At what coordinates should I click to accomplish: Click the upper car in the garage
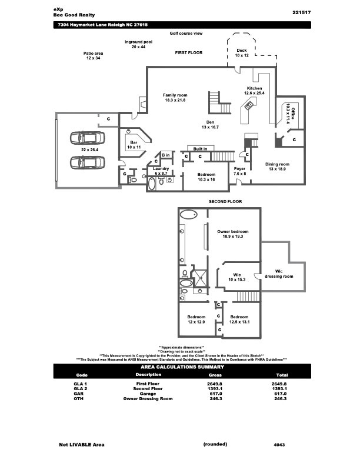click(87, 138)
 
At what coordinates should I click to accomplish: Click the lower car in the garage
click(87, 162)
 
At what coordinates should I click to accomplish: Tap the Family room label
click(175, 98)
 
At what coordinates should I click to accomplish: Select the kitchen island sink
click(249, 105)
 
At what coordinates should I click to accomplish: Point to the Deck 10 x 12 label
click(242, 53)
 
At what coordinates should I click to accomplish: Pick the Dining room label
click(277, 167)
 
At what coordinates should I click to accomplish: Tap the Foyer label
click(239, 171)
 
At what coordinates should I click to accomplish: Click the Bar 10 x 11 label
click(134, 145)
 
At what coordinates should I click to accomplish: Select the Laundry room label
click(161, 171)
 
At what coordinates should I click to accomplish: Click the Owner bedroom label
click(233, 234)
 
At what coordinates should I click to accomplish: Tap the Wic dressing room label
click(279, 274)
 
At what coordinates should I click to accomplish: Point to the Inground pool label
click(138, 44)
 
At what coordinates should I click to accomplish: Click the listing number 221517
click(302, 12)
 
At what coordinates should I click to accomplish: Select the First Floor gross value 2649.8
click(215, 384)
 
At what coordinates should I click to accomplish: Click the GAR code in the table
click(79, 394)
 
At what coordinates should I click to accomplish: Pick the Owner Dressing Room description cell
click(148, 398)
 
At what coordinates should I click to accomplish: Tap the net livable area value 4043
click(279, 445)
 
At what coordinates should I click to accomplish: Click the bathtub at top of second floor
click(189, 214)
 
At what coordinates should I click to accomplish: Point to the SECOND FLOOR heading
click(225, 201)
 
